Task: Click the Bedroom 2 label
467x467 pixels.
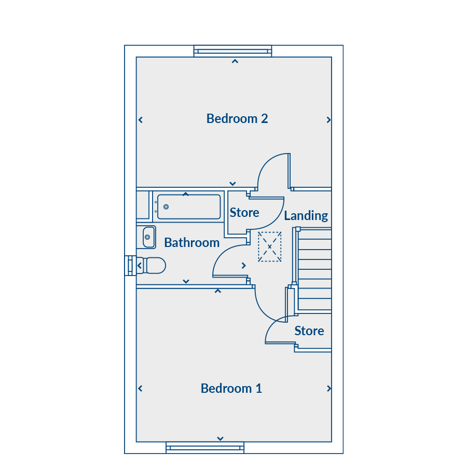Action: [x=237, y=118]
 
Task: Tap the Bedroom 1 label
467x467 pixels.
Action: [x=231, y=388]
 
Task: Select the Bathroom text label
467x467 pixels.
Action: [x=192, y=243]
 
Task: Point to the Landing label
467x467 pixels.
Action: [x=306, y=216]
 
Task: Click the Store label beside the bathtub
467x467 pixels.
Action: [x=244, y=213]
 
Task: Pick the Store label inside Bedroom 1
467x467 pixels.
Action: [x=309, y=331]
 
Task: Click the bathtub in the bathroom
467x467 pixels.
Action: [x=189, y=207]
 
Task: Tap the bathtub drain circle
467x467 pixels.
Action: [x=166, y=207]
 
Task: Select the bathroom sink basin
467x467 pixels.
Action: [x=149, y=237]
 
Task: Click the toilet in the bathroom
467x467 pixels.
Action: [x=152, y=265]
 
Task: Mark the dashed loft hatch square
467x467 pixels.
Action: [x=269, y=246]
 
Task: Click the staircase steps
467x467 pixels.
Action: [x=314, y=269]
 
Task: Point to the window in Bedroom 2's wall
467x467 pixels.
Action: [x=232, y=51]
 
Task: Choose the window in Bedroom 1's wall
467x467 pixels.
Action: [x=205, y=448]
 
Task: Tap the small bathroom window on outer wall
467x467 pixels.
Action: [x=130, y=265]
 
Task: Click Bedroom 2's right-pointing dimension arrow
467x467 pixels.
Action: [x=328, y=120]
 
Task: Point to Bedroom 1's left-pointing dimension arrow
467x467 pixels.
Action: [x=140, y=388]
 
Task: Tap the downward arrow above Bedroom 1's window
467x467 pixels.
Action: [x=220, y=438]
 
